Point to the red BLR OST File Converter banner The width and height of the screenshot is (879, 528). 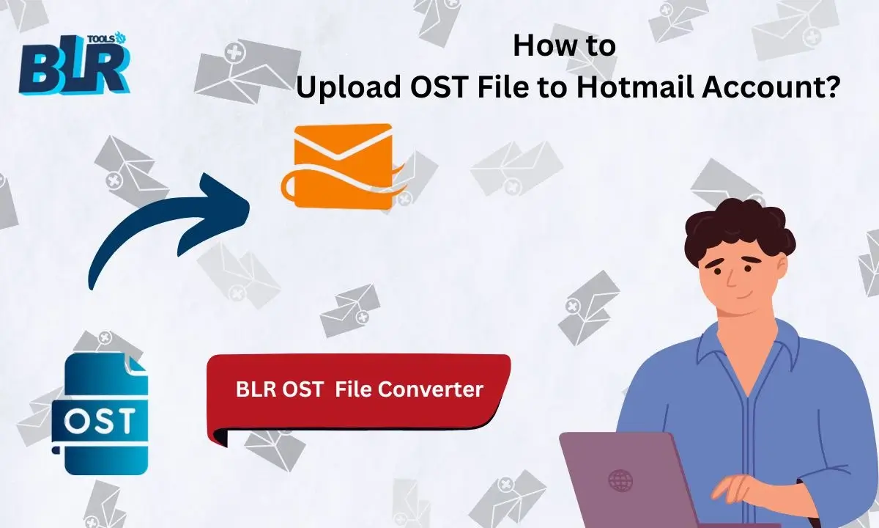tap(359, 390)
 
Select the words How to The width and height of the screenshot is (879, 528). tap(564, 45)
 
